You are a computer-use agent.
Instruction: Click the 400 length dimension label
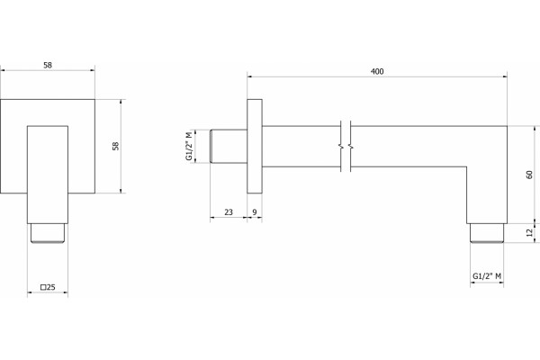click(377, 71)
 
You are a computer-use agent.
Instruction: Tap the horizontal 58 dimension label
click(48, 65)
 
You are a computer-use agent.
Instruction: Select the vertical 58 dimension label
click(116, 146)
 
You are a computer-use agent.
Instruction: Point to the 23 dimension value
click(229, 212)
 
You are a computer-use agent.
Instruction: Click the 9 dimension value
click(255, 212)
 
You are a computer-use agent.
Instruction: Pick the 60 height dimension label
click(530, 175)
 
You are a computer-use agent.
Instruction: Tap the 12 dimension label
click(530, 232)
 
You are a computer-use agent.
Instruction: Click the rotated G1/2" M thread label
click(189, 146)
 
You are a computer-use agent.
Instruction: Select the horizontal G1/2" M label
click(487, 275)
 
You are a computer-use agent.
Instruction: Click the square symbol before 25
click(43, 287)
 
